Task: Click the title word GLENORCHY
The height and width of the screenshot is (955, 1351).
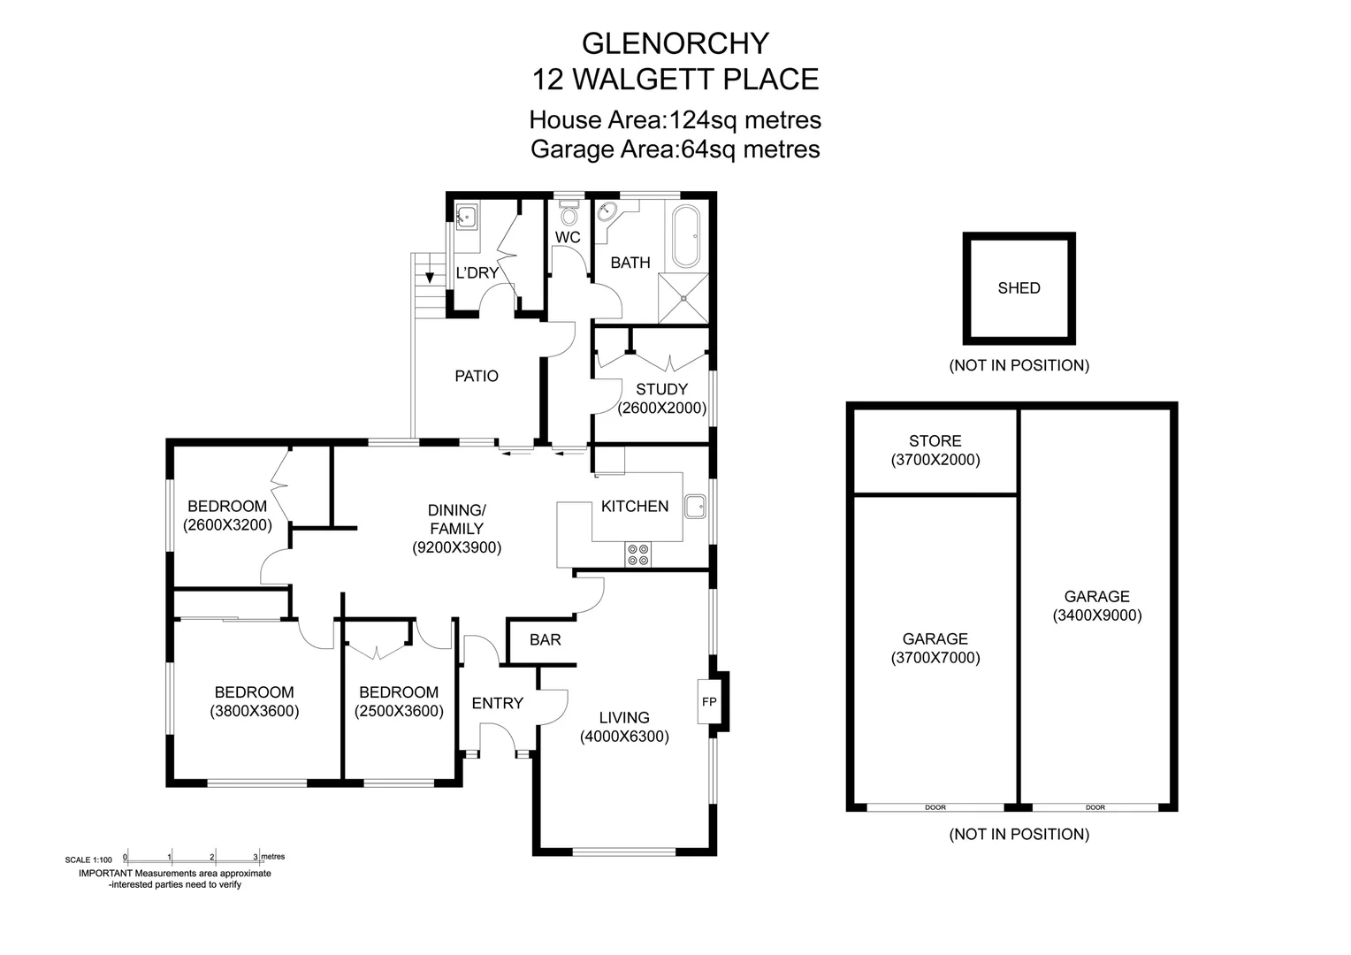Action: click(x=675, y=42)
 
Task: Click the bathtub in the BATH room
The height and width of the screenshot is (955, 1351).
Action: click(x=686, y=236)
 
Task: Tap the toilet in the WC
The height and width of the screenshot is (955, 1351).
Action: click(x=569, y=215)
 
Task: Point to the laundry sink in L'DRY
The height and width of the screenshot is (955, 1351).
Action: click(x=466, y=215)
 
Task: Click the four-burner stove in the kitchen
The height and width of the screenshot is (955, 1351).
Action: click(x=637, y=554)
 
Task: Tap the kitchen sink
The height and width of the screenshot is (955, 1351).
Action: click(x=694, y=507)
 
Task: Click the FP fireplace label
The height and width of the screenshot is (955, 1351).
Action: click(x=709, y=702)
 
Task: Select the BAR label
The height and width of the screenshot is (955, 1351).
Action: click(x=545, y=639)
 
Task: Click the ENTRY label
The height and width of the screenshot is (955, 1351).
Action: click(x=497, y=703)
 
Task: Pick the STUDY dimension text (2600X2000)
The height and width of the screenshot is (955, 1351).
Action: click(x=662, y=409)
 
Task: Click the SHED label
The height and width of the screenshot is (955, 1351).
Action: click(x=1019, y=288)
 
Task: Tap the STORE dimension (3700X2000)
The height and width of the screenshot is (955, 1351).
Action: click(x=935, y=460)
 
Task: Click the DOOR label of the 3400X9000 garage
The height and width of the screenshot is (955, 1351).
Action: click(x=1095, y=807)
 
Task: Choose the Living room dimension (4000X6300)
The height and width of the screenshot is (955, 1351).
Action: click(x=624, y=737)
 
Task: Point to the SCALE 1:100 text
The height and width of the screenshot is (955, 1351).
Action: click(x=88, y=859)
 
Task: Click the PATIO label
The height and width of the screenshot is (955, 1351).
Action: click(x=477, y=376)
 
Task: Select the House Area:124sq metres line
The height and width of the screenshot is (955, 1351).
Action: click(x=675, y=119)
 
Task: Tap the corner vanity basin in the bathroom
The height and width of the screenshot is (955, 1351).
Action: click(x=607, y=213)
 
